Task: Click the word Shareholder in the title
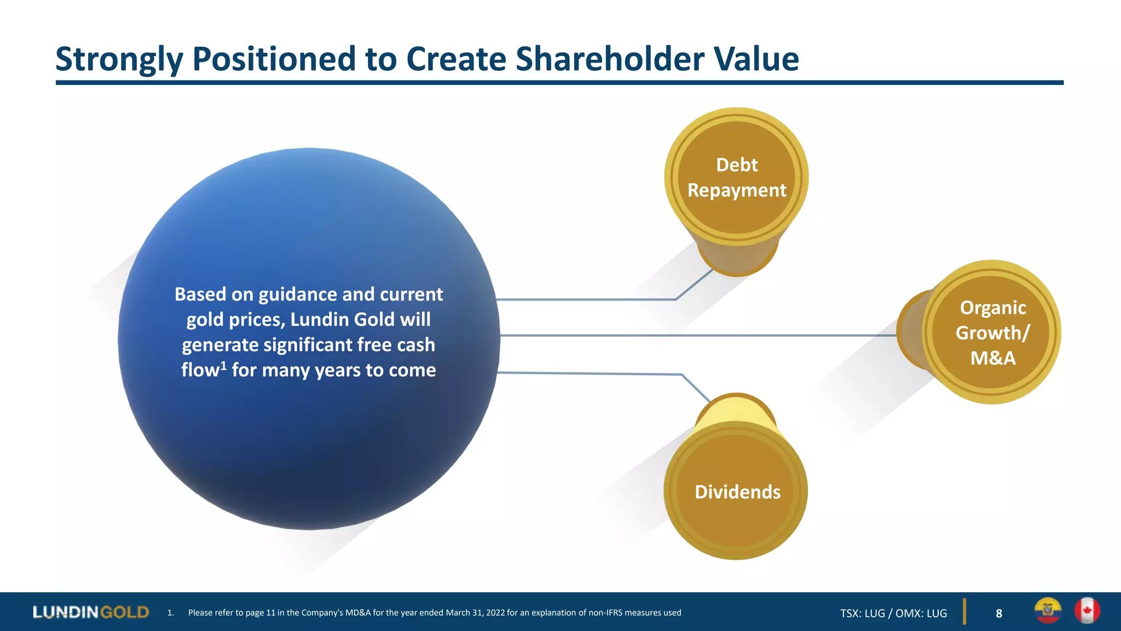pos(609,59)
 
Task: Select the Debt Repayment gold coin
pos(736,177)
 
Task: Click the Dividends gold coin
pos(736,491)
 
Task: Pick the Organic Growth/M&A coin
pos(991,332)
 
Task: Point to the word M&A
pos(992,358)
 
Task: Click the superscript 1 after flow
pos(223,364)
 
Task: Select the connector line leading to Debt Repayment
pos(586,300)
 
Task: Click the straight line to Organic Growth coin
pos(695,335)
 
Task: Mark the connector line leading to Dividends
pos(591,374)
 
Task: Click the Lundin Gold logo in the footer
pos(91,612)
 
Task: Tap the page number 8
pos(999,613)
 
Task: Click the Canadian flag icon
pos(1087,611)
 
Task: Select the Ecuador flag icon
pos(1048,611)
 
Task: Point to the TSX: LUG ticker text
pos(862,613)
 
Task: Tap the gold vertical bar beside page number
pos(964,612)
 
